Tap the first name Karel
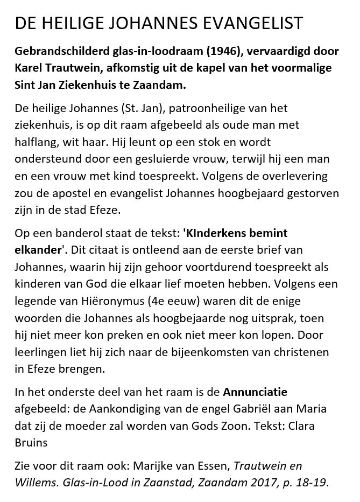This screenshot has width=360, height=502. coord(29,70)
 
